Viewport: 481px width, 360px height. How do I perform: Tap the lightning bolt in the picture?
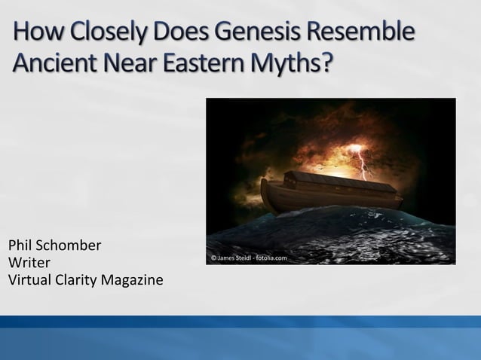(364, 163)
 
